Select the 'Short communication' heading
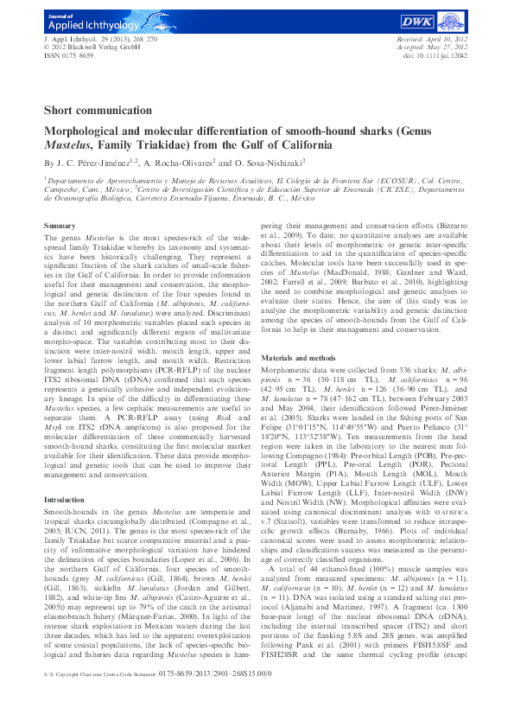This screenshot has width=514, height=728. (x=98, y=111)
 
